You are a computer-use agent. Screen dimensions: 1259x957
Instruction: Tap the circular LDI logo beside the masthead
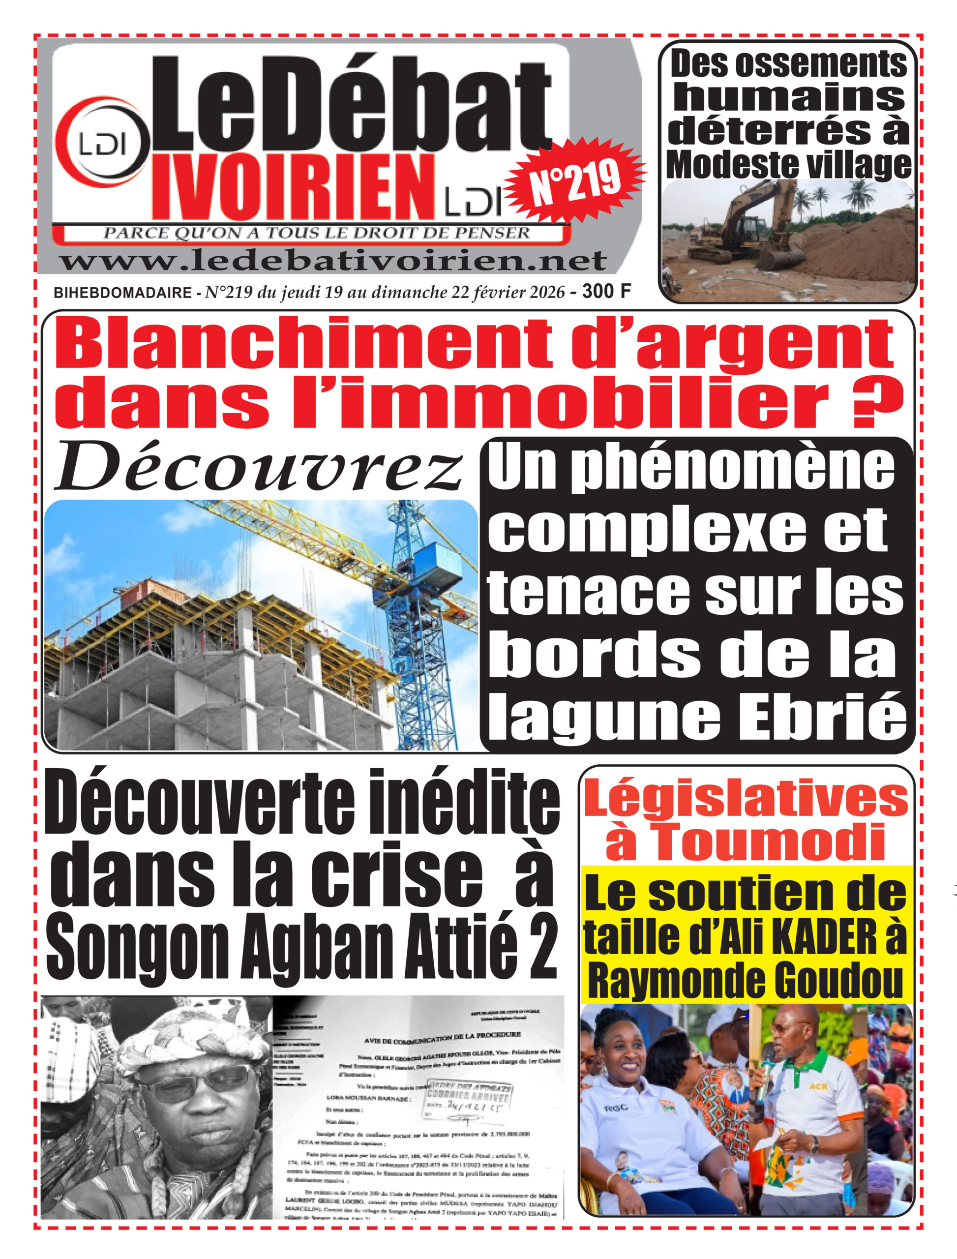[x=102, y=145]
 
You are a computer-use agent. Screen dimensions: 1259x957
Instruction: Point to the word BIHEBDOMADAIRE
[x=122, y=293]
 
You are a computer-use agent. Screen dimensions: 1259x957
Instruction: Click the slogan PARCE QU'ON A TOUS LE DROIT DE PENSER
[x=316, y=233]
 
